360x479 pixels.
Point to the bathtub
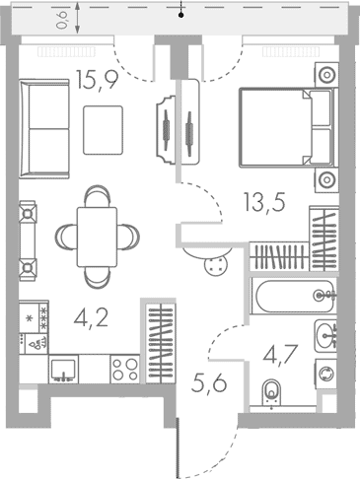[x=292, y=295]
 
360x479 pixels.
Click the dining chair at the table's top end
[x=97, y=197]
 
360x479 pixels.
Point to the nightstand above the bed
[x=325, y=75]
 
